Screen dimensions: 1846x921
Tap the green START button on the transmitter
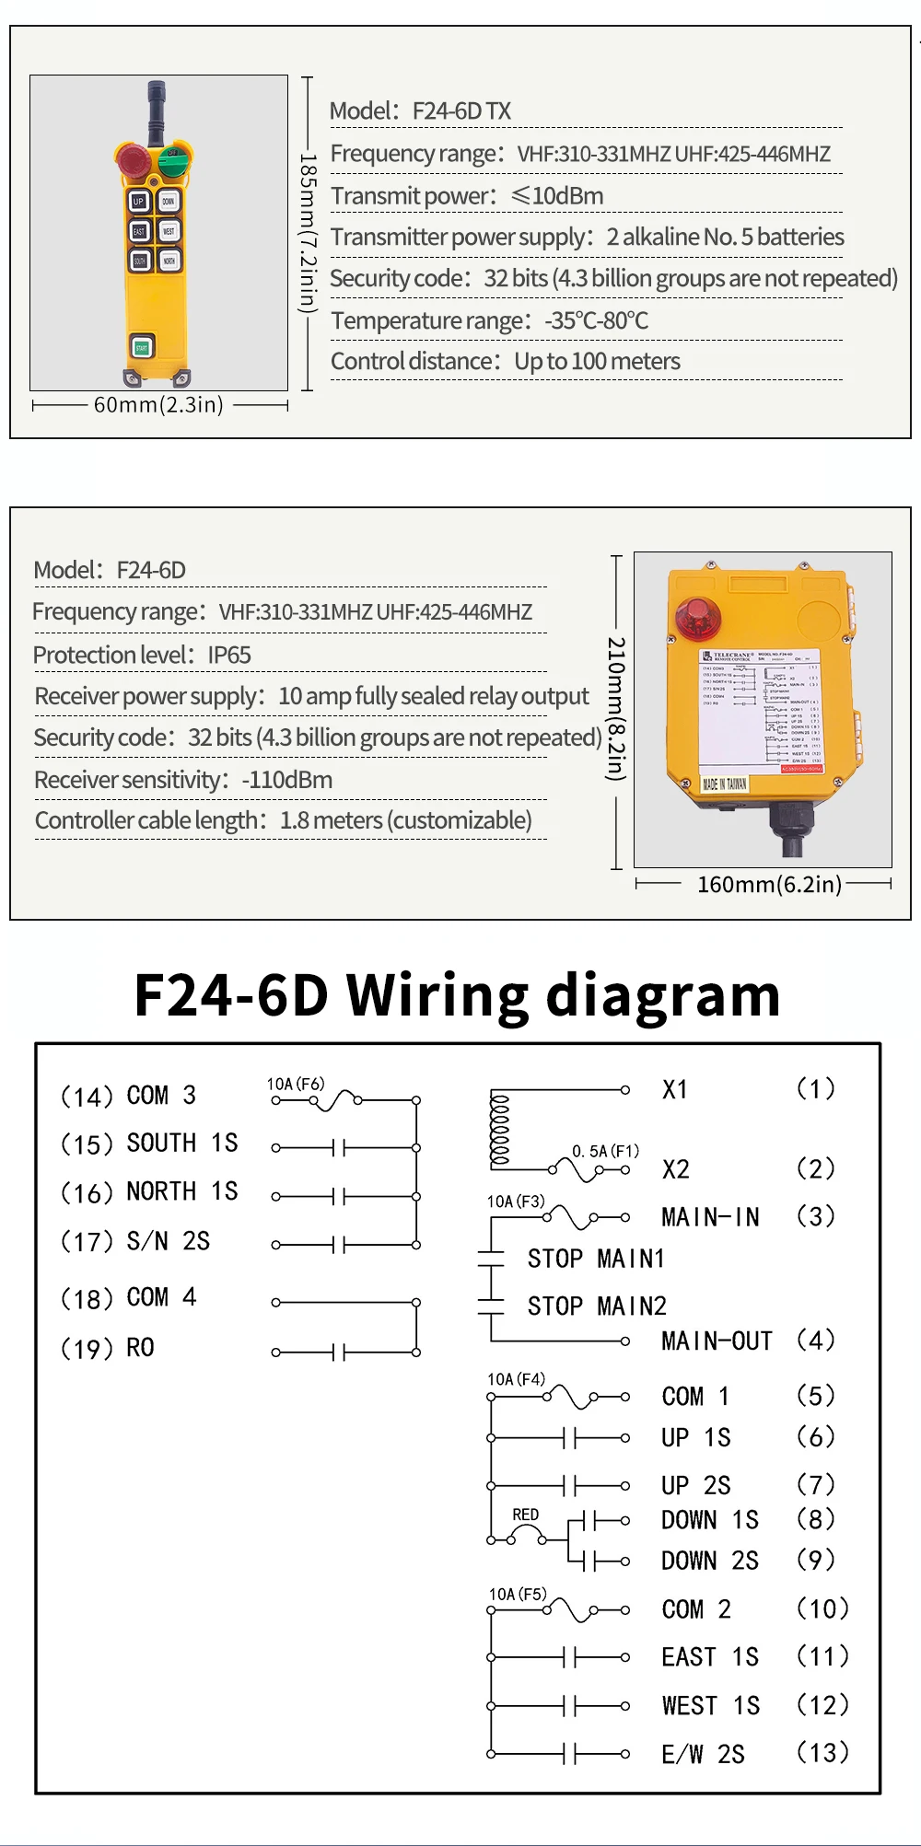point(142,347)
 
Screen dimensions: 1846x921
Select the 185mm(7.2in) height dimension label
point(309,233)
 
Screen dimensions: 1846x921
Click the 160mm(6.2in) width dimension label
point(769,885)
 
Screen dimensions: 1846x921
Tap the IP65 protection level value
point(229,656)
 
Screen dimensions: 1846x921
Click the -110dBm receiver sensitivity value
point(287,780)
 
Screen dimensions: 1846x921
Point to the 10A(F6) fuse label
point(296,1084)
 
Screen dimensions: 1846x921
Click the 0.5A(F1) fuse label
point(605,1151)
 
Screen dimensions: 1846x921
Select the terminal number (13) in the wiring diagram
point(822,1752)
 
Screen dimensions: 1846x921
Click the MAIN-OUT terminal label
point(717,1341)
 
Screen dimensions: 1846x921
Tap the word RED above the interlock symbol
point(526,1515)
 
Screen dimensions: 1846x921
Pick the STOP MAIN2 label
point(597,1306)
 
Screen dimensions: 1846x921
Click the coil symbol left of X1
point(500,1128)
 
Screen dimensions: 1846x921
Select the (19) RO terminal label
point(108,1348)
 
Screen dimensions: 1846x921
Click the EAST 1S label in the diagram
point(710,1657)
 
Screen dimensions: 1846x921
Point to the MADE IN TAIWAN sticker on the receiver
point(725,784)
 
